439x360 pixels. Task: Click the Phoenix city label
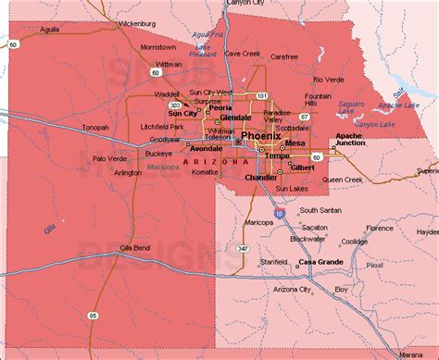(x=262, y=136)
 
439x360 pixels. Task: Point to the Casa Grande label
(x=320, y=263)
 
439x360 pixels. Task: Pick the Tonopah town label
(x=94, y=128)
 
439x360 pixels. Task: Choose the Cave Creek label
(x=242, y=53)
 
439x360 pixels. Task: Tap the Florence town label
(x=380, y=227)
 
